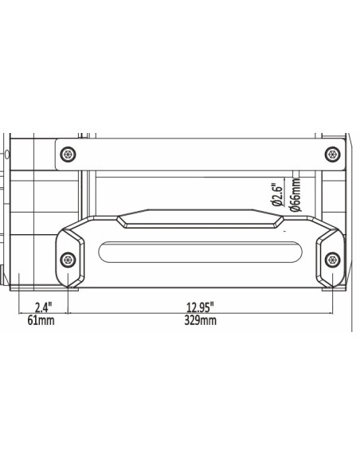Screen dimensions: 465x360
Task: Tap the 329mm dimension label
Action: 199,321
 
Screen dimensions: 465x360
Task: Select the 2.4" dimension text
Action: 44,307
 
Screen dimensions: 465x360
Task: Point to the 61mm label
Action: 42,321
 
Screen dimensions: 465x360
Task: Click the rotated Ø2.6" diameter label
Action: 276,193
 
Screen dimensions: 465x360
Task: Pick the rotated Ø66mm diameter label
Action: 295,193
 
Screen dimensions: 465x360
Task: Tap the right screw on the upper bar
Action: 331,153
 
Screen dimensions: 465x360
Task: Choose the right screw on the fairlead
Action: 331,258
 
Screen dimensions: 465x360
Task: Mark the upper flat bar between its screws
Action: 199,153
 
